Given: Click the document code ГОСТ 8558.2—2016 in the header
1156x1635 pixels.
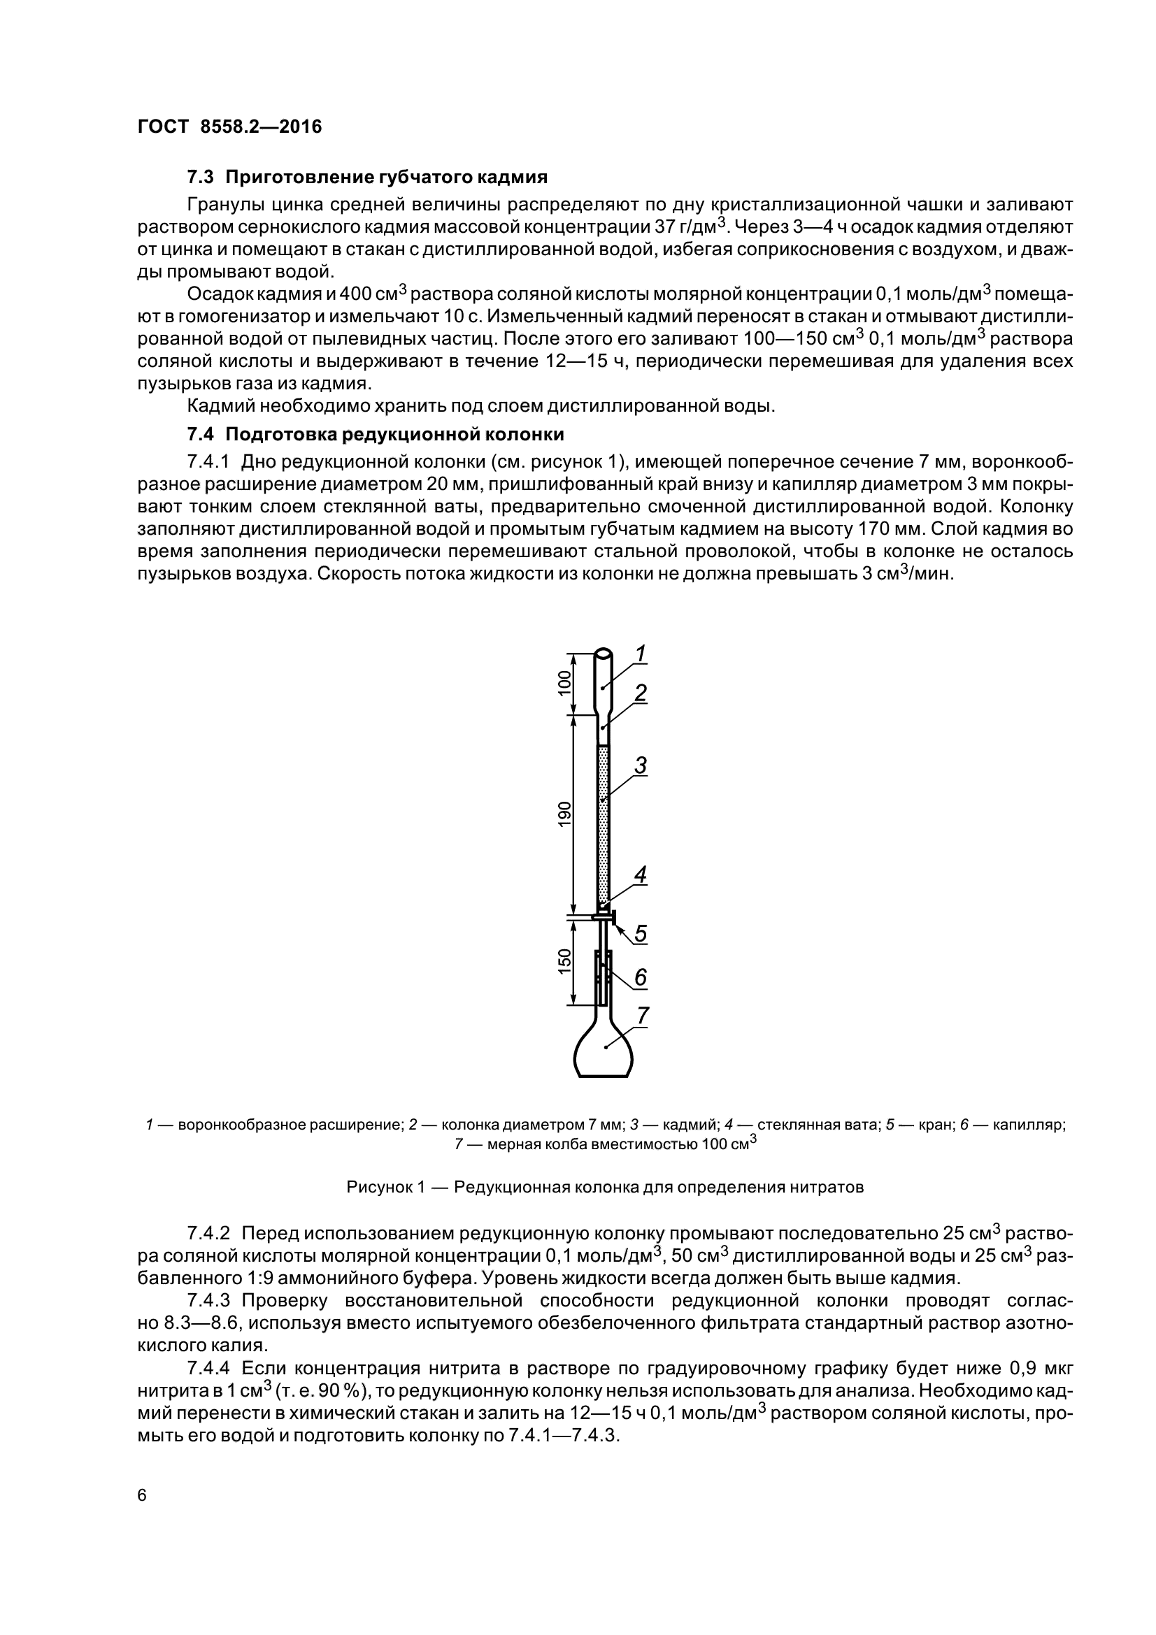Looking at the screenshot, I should pyautogui.click(x=229, y=127).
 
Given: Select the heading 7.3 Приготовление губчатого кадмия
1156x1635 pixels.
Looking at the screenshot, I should pyautogui.click(x=367, y=177).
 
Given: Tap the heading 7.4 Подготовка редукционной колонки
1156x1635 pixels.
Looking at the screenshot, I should pyautogui.click(x=376, y=434).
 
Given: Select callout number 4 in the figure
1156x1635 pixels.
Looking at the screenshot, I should pyautogui.click(x=641, y=874).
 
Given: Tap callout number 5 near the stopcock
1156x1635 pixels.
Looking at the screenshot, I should pyautogui.click(x=641, y=933).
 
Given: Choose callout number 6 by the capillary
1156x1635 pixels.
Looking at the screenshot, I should pyautogui.click(x=641, y=977).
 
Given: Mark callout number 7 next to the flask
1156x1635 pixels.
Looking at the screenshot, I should pyautogui.click(x=643, y=1016).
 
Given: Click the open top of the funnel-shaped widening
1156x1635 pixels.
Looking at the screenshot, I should pyautogui.click(x=604, y=653).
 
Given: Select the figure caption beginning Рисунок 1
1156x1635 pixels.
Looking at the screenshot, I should pyautogui.click(x=605, y=1187).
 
